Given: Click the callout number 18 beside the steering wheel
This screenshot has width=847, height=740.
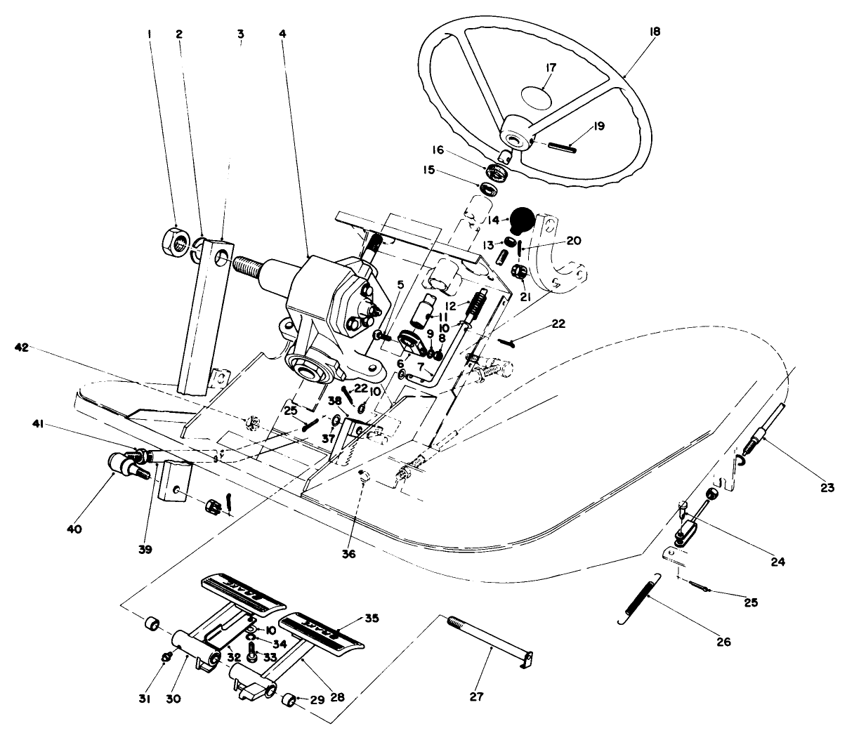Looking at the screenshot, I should coord(655,32).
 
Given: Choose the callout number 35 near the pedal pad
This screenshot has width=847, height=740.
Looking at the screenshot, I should coord(372,619).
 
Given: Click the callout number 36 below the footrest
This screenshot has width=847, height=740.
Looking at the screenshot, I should coord(348,554).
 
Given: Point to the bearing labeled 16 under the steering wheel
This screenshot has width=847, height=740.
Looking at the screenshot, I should coord(497,171).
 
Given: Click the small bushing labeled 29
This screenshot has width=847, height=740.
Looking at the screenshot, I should coord(287,700).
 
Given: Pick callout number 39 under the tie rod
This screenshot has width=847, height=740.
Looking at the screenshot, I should coord(145,548).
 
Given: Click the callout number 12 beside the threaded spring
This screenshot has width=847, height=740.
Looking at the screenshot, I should coord(452,306).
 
